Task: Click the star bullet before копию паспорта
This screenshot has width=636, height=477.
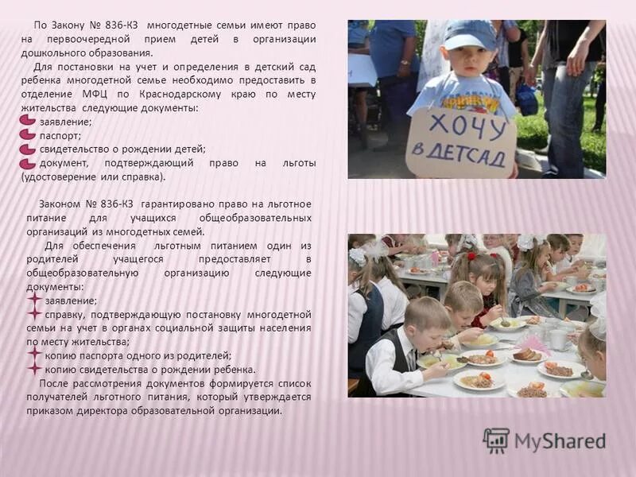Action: [x=34, y=355]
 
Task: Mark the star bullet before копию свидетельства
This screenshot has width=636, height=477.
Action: [x=34, y=368]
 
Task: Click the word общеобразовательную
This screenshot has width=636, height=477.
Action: [x=71, y=273]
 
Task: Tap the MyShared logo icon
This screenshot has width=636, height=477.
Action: [x=495, y=440]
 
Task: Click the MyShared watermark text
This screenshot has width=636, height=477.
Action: [x=559, y=440]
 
